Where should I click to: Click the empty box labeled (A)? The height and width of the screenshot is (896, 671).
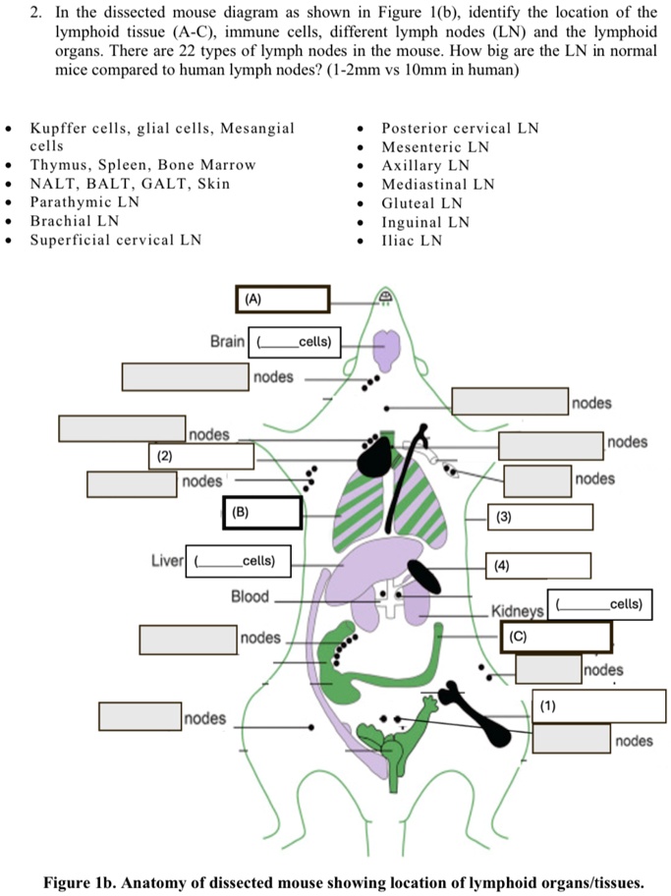click(x=282, y=300)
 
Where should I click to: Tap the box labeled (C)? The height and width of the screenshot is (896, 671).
click(x=556, y=636)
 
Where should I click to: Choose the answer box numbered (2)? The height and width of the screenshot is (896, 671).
click(x=201, y=456)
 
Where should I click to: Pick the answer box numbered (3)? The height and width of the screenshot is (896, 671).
click(x=540, y=517)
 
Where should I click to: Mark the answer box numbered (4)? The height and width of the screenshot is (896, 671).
click(x=539, y=566)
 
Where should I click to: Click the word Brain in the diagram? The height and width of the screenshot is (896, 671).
click(x=227, y=342)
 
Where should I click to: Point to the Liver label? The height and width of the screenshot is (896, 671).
click(x=167, y=560)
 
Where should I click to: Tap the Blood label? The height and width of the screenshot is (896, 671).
click(x=250, y=596)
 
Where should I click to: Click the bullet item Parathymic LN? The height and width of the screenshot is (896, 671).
click(x=84, y=202)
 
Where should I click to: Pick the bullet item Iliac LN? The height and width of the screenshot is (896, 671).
click(x=412, y=240)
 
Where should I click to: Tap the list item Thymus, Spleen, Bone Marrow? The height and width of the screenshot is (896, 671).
click(x=142, y=165)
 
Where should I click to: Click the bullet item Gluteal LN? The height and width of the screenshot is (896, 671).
click(x=421, y=202)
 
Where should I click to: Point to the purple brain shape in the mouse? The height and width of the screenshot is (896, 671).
click(x=389, y=345)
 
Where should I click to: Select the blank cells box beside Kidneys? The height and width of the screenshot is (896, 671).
click(x=599, y=604)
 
